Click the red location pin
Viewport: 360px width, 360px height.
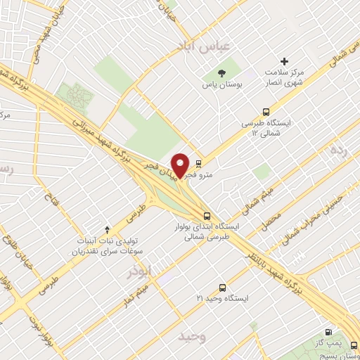click(180, 165)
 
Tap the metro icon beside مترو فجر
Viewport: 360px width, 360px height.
click(198, 163)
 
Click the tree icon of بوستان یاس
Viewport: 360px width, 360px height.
click(221, 72)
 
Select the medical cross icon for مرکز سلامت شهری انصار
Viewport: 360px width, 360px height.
click(285, 62)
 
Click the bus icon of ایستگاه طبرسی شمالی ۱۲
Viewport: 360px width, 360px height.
click(266, 112)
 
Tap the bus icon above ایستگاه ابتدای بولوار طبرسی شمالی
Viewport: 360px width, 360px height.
click(206, 216)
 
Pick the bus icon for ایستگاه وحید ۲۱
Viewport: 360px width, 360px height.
click(223, 288)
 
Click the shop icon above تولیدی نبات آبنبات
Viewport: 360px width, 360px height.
click(106, 230)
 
